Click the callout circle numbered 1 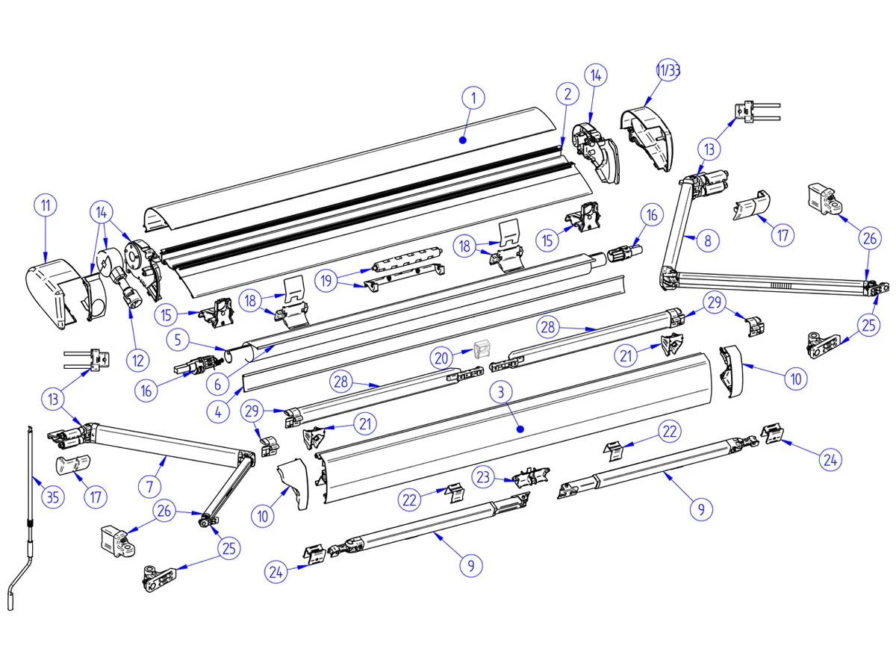[x=473, y=98]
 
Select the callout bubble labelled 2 [x=567, y=94]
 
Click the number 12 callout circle [x=137, y=361]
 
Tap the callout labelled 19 [x=326, y=281]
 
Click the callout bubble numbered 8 [x=707, y=241]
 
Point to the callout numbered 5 [x=178, y=340]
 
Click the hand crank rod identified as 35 [x=28, y=515]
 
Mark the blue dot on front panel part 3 [x=520, y=429]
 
